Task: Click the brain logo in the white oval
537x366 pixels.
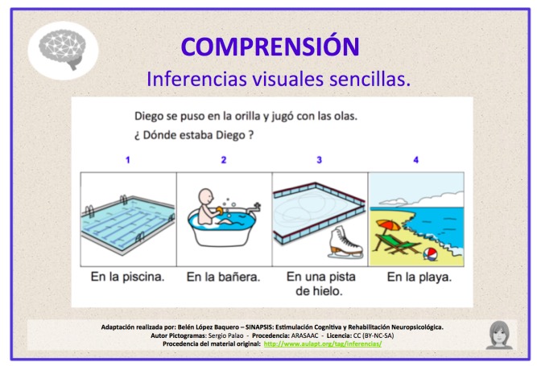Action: (62, 49)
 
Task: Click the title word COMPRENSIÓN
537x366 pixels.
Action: (271, 46)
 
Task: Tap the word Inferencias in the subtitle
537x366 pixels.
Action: (196, 79)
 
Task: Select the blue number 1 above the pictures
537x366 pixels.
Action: (128, 160)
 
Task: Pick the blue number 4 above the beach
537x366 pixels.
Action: (415, 160)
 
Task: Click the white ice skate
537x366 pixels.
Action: (345, 242)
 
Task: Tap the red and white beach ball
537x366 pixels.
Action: (430, 254)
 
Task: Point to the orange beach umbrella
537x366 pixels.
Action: (388, 225)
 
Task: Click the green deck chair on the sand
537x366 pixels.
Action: (397, 243)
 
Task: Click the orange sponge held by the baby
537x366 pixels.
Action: (220, 211)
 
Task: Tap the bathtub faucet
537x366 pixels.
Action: (255, 208)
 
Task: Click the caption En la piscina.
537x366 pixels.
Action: (128, 277)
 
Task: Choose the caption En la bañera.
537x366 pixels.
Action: (223, 277)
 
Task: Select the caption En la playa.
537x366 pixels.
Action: (419, 277)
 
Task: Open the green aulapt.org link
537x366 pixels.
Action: (323, 343)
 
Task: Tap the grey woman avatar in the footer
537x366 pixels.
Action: (499, 335)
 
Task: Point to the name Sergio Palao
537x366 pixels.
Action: (225, 335)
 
